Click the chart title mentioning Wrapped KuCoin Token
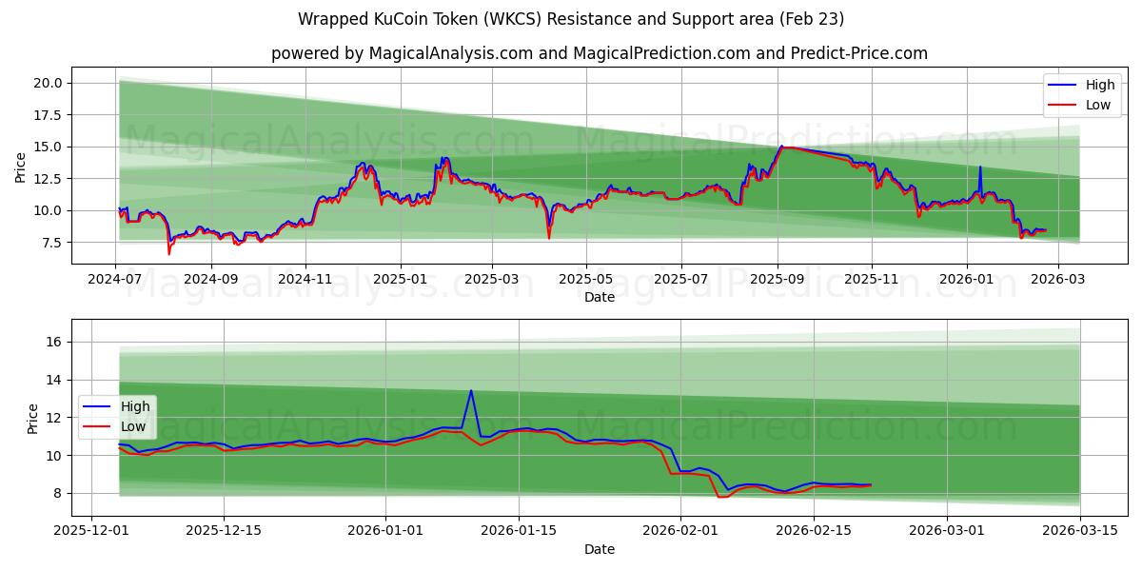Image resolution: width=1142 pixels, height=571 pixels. click(571, 19)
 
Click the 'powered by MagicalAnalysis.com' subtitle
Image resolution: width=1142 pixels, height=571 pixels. click(600, 53)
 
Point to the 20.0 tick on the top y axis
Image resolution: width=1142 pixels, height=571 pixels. click(48, 83)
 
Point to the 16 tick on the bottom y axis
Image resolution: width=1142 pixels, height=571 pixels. click(53, 342)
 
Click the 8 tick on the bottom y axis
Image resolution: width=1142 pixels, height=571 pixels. click(57, 493)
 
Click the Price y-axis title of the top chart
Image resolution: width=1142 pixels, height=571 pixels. click(21, 167)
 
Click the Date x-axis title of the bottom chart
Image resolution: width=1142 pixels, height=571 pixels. click(600, 549)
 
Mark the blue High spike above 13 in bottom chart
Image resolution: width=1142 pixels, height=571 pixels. click(471, 390)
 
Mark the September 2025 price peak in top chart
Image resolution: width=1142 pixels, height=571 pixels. click(781, 147)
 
